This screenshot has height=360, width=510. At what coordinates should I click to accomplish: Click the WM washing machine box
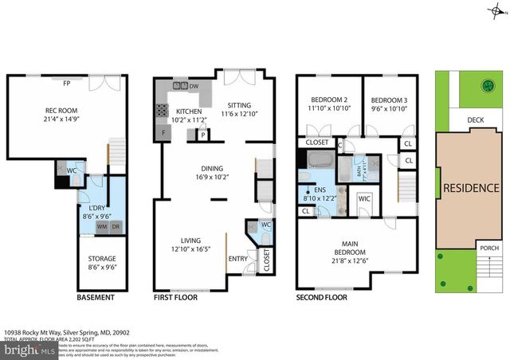pyautogui.click(x=102, y=227)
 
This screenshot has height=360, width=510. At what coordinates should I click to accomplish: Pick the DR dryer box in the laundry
pyautogui.click(x=116, y=227)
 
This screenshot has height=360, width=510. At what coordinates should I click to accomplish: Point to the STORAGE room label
pyautogui.click(x=102, y=258)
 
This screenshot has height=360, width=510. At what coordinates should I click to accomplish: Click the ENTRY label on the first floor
pyautogui.click(x=238, y=258)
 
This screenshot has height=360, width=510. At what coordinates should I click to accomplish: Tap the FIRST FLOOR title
pyautogui.click(x=180, y=298)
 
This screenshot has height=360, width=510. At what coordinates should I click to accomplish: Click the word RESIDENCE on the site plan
pyautogui.click(x=471, y=188)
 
